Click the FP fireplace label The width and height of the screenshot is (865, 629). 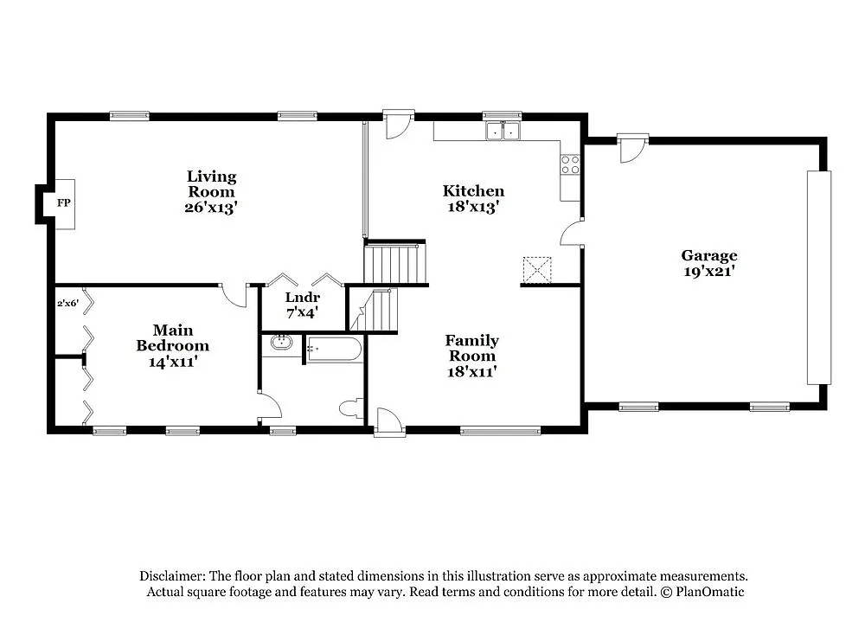pos(63,203)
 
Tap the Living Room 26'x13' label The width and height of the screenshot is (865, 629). pos(211,192)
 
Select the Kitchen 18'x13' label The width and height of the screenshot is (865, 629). pos(473,199)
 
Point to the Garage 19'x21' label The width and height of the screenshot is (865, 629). pos(709,263)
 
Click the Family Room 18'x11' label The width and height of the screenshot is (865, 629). pos(471,356)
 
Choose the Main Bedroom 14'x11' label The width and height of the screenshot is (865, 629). pos(172,346)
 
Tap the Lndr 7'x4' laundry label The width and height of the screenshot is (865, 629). pos(302,304)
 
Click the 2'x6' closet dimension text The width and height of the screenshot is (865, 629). pos(68,304)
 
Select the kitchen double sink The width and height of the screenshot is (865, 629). pos(502,132)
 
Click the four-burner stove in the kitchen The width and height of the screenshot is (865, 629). pos(569,164)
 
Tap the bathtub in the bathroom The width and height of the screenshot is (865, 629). pos(334,350)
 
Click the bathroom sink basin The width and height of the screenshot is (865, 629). pos(282,343)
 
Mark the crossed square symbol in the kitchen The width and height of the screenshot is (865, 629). pos(537,270)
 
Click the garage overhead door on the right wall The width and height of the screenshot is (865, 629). pos(818,277)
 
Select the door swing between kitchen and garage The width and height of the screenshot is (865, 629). pos(571,234)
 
